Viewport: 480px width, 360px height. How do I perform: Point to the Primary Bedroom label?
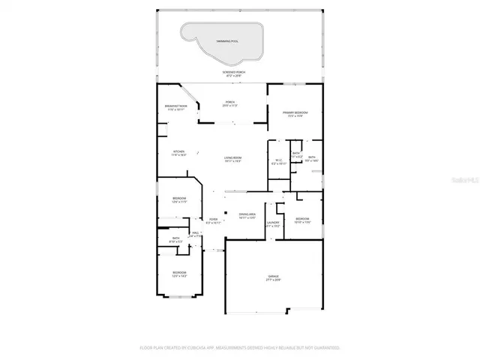(293, 114)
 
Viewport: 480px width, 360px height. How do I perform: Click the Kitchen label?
(178, 152)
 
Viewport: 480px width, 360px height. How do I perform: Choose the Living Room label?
(233, 159)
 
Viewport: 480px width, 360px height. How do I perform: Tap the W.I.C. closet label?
(278, 161)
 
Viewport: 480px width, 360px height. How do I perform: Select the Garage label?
(273, 278)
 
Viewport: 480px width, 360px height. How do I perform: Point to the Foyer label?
(214, 220)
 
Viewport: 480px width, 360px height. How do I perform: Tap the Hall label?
(194, 234)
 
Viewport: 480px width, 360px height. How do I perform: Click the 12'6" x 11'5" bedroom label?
(179, 199)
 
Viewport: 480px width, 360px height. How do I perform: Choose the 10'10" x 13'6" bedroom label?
(302, 220)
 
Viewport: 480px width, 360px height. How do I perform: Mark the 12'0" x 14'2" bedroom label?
(179, 274)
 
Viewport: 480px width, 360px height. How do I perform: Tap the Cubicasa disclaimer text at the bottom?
(240, 348)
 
